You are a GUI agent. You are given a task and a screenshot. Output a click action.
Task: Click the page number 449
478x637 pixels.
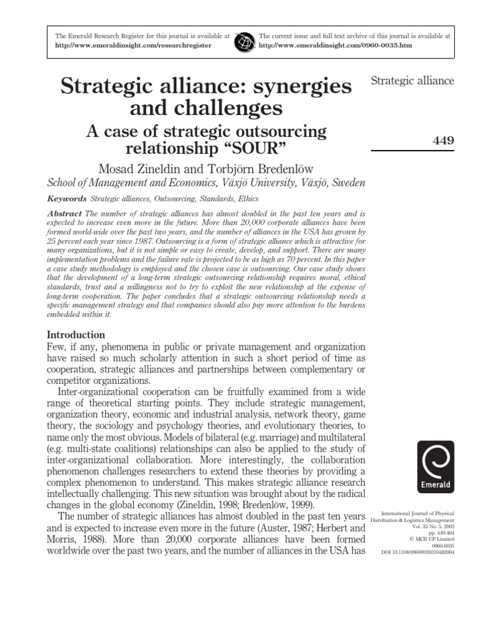tap(443, 141)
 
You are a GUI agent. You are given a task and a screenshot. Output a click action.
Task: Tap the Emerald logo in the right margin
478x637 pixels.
tap(436, 467)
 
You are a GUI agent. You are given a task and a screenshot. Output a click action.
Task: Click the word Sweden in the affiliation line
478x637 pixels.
tap(349, 183)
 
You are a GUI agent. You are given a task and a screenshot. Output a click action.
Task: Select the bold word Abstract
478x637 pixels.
tap(64, 213)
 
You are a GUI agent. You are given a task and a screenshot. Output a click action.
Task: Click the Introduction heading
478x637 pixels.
tap(77, 335)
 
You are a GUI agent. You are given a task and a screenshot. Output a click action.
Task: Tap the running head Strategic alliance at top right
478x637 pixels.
tap(412, 81)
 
